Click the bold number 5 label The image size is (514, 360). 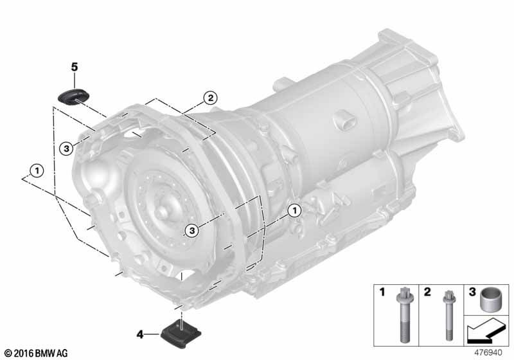(75, 67)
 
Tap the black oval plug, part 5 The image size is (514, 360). (73, 96)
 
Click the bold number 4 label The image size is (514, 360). (140, 335)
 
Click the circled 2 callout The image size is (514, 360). (210, 98)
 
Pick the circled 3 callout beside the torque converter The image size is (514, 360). (191, 231)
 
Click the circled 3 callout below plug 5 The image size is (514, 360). (66, 149)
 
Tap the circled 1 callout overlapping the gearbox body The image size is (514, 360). (294, 210)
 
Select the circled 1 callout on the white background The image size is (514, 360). (37, 171)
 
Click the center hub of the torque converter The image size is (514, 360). (163, 212)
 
